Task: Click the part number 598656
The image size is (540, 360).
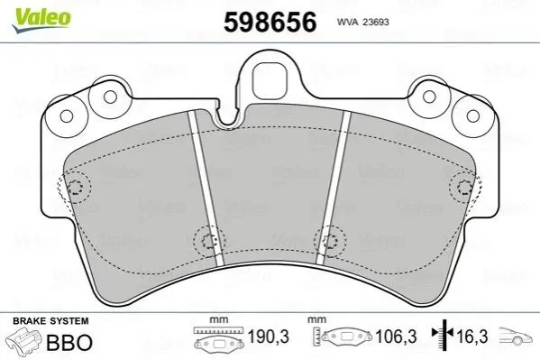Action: coord(270,22)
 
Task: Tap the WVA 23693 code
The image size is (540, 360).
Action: coord(362,22)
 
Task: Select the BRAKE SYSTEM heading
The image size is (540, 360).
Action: coord(50,321)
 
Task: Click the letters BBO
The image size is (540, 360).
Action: coord(69,343)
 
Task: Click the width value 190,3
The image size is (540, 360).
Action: coord(269,337)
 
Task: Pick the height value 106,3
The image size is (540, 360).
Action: coord(396,337)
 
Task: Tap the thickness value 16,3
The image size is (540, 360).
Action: coord(471,337)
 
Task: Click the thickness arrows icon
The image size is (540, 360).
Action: coord(444,334)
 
